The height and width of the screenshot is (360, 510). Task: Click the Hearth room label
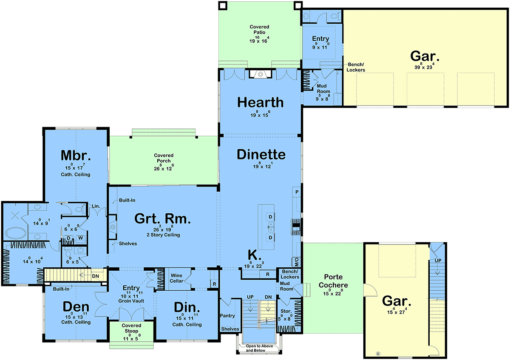tap(261, 102)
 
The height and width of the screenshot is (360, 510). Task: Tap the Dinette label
tap(261, 155)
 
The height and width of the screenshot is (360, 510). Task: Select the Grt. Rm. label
tap(162, 218)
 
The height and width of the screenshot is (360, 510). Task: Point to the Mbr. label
tap(76, 155)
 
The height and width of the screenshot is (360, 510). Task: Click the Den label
tap(76, 306)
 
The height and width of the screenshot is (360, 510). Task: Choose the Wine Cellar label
tap(176, 278)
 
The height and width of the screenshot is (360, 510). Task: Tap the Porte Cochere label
tap(333, 281)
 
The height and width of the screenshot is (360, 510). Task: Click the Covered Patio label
tap(259, 30)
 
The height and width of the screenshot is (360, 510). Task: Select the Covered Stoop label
tap(131, 328)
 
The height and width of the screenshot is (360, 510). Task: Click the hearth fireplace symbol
tap(261, 74)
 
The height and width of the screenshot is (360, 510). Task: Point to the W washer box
tap(81, 238)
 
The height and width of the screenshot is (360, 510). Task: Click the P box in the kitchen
tap(297, 192)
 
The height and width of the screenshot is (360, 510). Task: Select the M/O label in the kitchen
tap(297, 262)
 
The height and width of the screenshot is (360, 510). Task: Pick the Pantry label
tap(227, 316)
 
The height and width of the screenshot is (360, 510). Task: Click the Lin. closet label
tap(96, 206)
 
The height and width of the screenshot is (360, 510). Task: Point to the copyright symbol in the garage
tap(378, 354)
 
